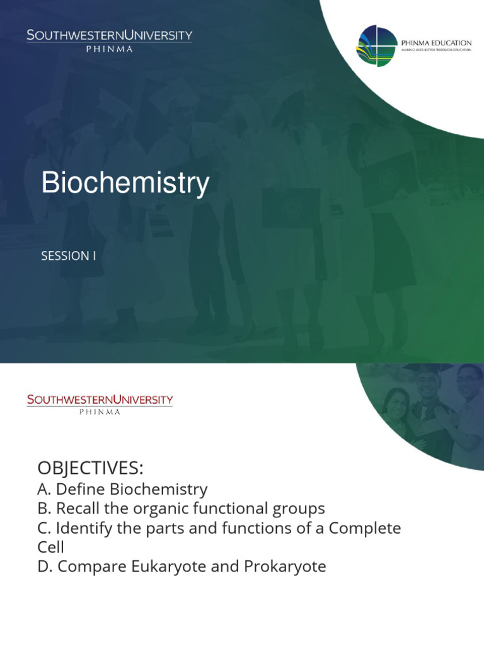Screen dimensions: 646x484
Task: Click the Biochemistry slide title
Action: pyautogui.click(x=125, y=184)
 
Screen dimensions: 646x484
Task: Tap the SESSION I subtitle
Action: pyautogui.click(x=69, y=256)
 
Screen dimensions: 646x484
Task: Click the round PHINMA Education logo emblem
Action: pyautogui.click(x=376, y=45)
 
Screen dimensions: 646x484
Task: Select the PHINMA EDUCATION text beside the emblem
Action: pyautogui.click(x=436, y=42)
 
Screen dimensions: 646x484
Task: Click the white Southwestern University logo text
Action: pyautogui.click(x=109, y=35)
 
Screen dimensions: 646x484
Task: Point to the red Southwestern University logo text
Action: pyautogui.click(x=100, y=399)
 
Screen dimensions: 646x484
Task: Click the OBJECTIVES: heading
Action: pyautogui.click(x=91, y=469)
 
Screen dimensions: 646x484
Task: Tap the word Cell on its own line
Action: pyautogui.click(x=51, y=547)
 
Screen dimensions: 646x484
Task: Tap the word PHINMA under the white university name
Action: pyautogui.click(x=109, y=49)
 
